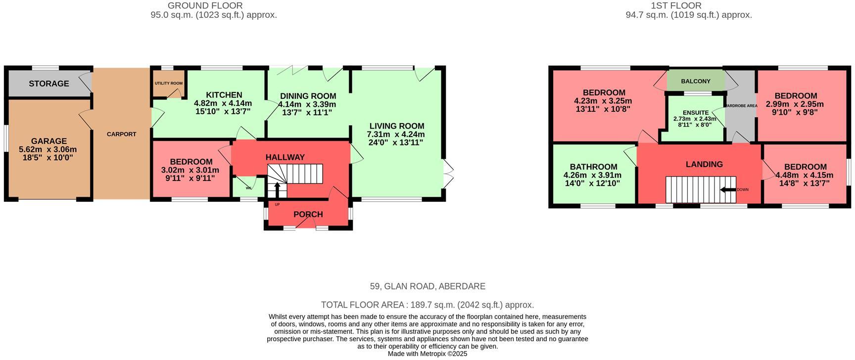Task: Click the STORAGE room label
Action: pos(48,84)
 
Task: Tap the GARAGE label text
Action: pos(48,141)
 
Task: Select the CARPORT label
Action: pos(121,134)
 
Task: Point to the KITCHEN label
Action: pos(224,95)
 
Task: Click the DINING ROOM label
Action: pos(308,96)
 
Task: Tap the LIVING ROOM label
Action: pos(396,126)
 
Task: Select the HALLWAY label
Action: pos(285,157)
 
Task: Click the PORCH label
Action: pos(308,214)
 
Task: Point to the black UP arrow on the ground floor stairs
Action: pos(277,190)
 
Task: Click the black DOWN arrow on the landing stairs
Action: pos(727,189)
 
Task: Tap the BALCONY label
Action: pos(695,81)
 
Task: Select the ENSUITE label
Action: pos(695,113)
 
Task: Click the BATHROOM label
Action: pos(593,167)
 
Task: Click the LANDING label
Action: pos(704,164)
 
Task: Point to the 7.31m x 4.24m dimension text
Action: pos(395,135)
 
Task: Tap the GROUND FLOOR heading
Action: pos(205,5)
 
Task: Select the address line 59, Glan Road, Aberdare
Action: pos(427,286)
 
